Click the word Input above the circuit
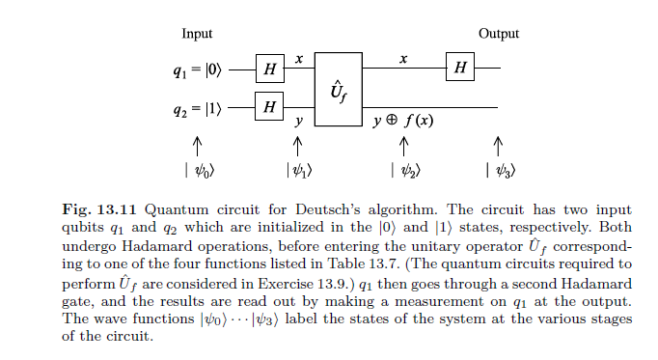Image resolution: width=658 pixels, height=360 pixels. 197,34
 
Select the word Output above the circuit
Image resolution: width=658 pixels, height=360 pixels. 499,34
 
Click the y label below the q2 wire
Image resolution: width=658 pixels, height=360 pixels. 299,122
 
